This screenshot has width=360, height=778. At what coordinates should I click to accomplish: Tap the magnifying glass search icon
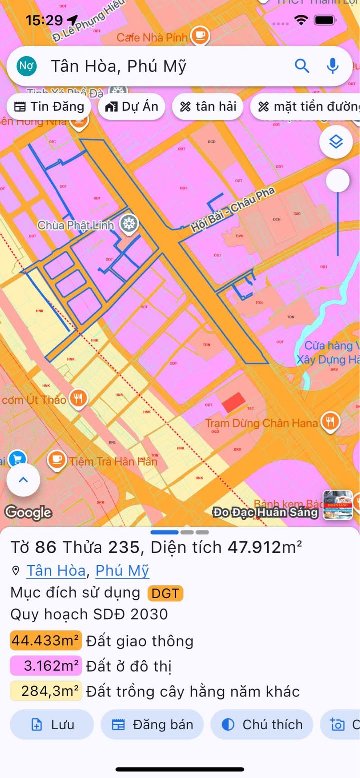point(302,66)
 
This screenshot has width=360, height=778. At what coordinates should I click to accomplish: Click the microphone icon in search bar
point(332,66)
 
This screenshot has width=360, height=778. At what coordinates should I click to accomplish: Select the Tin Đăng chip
point(49,106)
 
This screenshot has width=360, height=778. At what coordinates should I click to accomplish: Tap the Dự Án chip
point(132,106)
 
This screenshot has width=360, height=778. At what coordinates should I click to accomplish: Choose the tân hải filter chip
point(208,106)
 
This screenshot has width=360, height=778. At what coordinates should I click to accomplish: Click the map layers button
point(336,142)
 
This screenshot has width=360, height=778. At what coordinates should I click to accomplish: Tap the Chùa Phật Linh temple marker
point(130,224)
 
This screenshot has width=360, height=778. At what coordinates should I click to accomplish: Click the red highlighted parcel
point(233,402)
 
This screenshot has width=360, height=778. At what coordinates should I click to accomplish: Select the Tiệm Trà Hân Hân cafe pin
point(57,460)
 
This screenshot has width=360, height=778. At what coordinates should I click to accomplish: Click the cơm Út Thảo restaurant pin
point(78,399)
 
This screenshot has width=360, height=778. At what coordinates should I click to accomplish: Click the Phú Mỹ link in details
point(122,570)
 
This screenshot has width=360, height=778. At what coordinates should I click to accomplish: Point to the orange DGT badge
point(166,593)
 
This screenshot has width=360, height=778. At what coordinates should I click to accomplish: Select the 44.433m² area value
point(46,640)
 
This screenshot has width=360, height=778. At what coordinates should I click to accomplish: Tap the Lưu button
point(52,724)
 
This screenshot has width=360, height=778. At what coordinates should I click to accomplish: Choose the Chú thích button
point(262,724)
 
